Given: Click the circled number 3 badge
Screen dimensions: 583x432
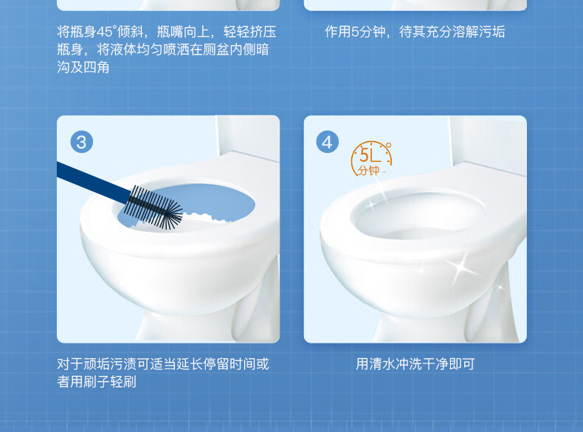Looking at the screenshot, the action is pyautogui.click(x=81, y=142).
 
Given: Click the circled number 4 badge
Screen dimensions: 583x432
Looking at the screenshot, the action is pyautogui.click(x=327, y=142).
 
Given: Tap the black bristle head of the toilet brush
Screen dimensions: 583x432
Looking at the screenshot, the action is pyautogui.click(x=153, y=207).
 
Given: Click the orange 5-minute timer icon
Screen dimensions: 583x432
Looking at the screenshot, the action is pyautogui.click(x=371, y=159).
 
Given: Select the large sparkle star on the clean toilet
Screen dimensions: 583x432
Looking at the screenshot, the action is pyautogui.click(x=460, y=267).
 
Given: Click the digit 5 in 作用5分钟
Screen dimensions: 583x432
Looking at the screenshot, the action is pyautogui.click(x=355, y=32).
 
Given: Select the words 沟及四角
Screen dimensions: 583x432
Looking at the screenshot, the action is pyautogui.click(x=83, y=67).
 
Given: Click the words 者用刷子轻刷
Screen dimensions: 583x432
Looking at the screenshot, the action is pyautogui.click(x=97, y=382).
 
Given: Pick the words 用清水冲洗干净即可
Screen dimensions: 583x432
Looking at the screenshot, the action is pyautogui.click(x=415, y=364).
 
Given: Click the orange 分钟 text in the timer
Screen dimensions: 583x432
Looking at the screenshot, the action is pyautogui.click(x=368, y=170).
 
